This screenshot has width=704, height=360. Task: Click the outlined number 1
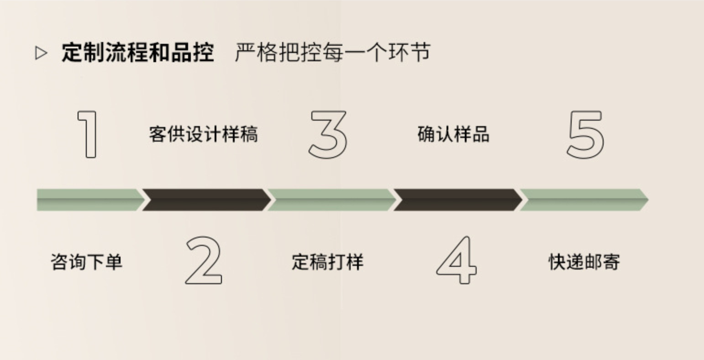tap(88, 134)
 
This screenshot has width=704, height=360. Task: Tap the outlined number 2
tap(204, 260)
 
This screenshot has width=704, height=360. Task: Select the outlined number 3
tap(328, 135)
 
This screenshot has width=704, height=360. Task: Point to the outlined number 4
tap(457, 260)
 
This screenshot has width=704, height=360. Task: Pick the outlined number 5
tap(585, 135)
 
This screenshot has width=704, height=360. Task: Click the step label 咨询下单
tap(87, 262)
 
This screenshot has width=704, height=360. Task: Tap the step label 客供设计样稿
tap(203, 134)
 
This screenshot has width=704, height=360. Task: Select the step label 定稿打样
tap(328, 262)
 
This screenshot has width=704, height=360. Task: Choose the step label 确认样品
tap(453, 134)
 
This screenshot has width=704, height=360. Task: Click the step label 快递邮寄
tap(584, 262)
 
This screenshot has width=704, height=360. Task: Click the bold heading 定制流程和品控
tap(138, 53)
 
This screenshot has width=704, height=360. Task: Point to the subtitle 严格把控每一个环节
tap(332, 53)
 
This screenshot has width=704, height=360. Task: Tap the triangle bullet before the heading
tap(41, 53)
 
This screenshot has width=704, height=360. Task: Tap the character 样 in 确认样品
tap(462, 134)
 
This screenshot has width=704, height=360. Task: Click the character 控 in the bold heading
tap(203, 53)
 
